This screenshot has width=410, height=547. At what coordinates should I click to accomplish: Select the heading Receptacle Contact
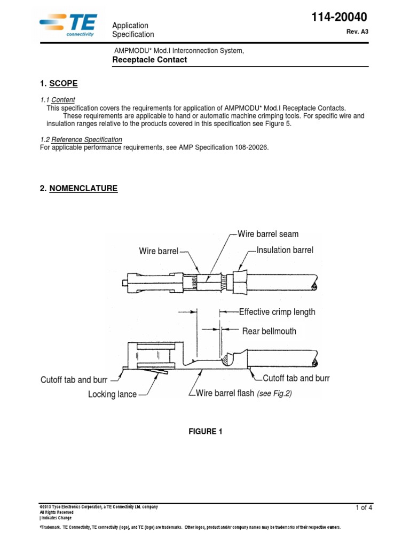point(149,60)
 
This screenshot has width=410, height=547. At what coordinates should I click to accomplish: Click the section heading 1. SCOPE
point(59,83)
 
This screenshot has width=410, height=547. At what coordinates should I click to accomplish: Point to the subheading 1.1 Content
point(58,100)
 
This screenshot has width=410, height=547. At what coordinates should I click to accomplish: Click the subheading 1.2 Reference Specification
point(81,139)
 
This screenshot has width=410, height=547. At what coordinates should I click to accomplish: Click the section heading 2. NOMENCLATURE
point(78,189)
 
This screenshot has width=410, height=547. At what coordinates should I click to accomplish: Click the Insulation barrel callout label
point(285,250)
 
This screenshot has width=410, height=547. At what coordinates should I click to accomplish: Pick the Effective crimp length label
point(277,312)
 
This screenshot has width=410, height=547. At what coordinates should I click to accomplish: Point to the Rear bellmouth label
point(269,331)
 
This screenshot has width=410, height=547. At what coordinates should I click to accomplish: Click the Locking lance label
point(112,395)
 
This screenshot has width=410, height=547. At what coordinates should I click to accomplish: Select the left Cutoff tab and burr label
point(74,380)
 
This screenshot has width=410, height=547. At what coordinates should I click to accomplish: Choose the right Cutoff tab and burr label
point(296,378)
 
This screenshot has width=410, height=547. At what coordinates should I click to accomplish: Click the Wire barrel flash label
point(225,394)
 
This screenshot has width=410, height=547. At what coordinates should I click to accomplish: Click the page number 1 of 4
point(364,508)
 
